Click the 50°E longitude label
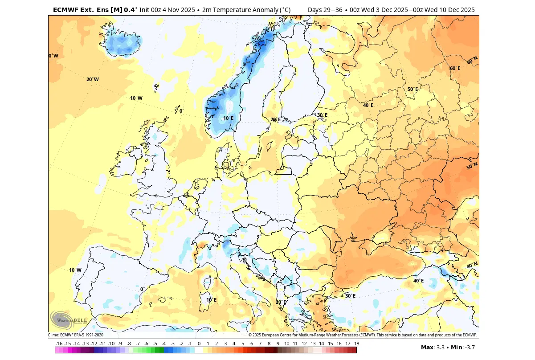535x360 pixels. pos(413,89)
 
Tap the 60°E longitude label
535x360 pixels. pos(455,68)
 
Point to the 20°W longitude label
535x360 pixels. pos(93,79)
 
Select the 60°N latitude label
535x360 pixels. pos(472,61)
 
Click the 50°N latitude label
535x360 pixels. pos(472,166)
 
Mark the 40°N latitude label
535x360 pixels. pos(472,265)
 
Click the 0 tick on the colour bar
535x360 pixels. pos(199,344)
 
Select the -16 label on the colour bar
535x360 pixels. pos(59,344)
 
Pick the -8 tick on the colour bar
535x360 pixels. pos(129,344)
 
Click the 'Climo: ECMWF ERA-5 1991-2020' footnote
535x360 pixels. pos(76,335)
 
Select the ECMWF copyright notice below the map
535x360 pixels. pos(362,335)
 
